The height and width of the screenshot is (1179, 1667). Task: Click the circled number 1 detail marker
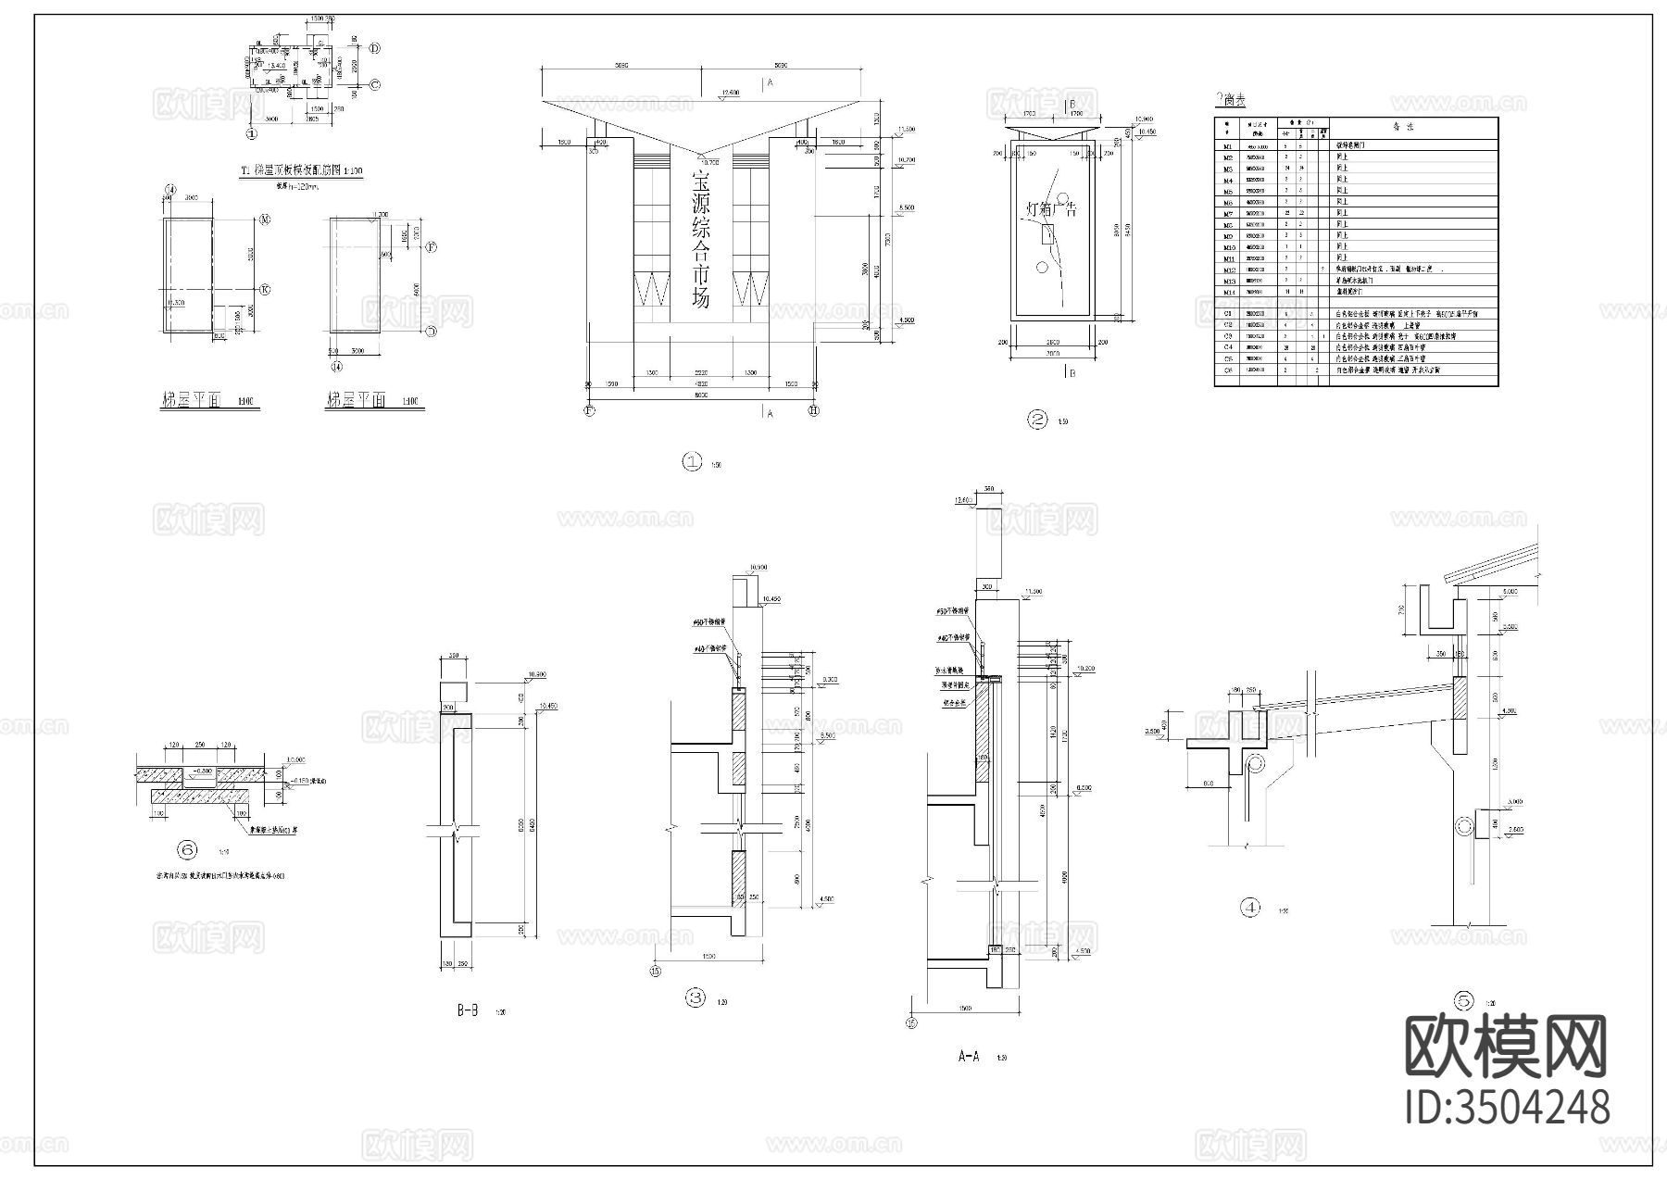693,462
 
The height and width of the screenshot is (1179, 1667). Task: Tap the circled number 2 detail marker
1038,420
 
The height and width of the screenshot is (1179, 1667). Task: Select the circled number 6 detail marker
188,849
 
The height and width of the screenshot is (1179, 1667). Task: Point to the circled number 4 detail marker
1250,908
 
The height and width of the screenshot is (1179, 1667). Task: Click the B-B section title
467,1011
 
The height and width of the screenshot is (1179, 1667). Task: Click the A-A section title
968,1056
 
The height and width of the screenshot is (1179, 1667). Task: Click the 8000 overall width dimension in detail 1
701,395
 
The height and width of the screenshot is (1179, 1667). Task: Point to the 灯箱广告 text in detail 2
1053,209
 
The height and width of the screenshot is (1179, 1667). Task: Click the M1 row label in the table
1228,145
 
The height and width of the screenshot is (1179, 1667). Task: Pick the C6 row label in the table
1228,370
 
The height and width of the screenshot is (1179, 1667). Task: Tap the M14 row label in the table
1228,292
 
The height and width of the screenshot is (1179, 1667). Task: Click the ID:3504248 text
1508,1108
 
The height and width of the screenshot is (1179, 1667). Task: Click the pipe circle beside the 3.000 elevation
1465,825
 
